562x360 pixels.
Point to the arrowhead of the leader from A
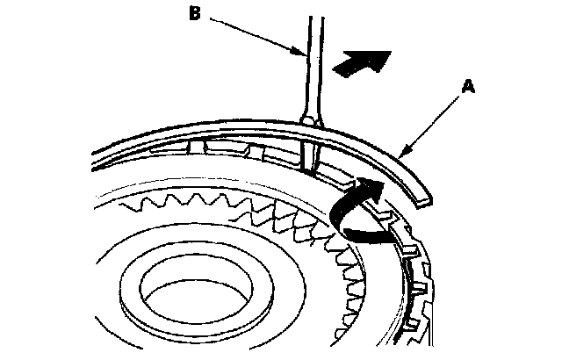pos(403,155)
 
